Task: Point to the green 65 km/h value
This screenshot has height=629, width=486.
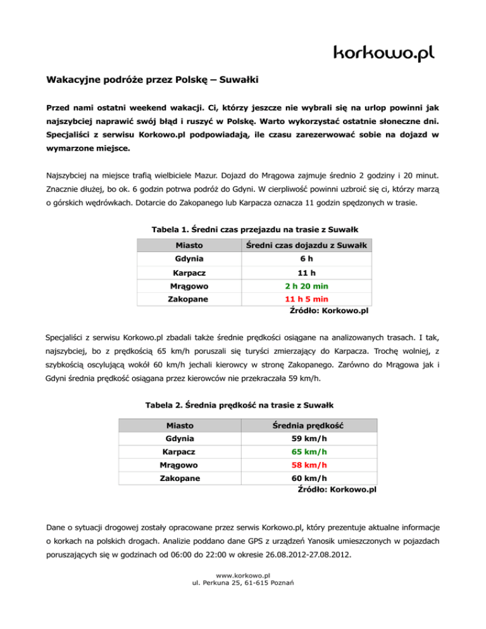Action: [x=309, y=453]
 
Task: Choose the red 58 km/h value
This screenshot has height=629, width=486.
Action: [x=309, y=466]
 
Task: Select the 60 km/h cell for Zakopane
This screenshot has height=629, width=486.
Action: [x=309, y=479]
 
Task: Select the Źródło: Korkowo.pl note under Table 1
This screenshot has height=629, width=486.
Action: [x=329, y=311]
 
